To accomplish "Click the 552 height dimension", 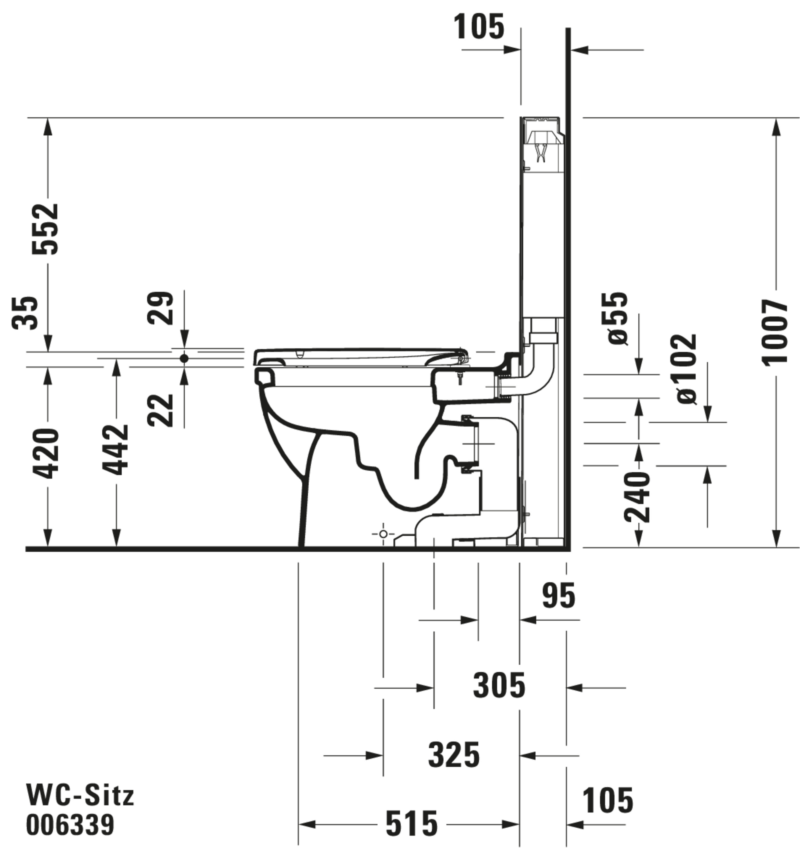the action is pyautogui.click(x=46, y=229).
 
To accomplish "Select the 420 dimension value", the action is pyautogui.click(x=46, y=454).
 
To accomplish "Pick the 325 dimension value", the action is pyautogui.click(x=454, y=755).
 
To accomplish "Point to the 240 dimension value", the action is pyautogui.click(x=637, y=497).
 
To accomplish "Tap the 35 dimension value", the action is pyautogui.click(x=25, y=313).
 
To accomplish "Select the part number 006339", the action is pyautogui.click(x=70, y=825).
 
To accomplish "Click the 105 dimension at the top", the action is pyautogui.click(x=479, y=27).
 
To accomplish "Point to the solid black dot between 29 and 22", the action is pyautogui.click(x=184, y=359).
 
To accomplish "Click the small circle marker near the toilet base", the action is pyautogui.click(x=383, y=534).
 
